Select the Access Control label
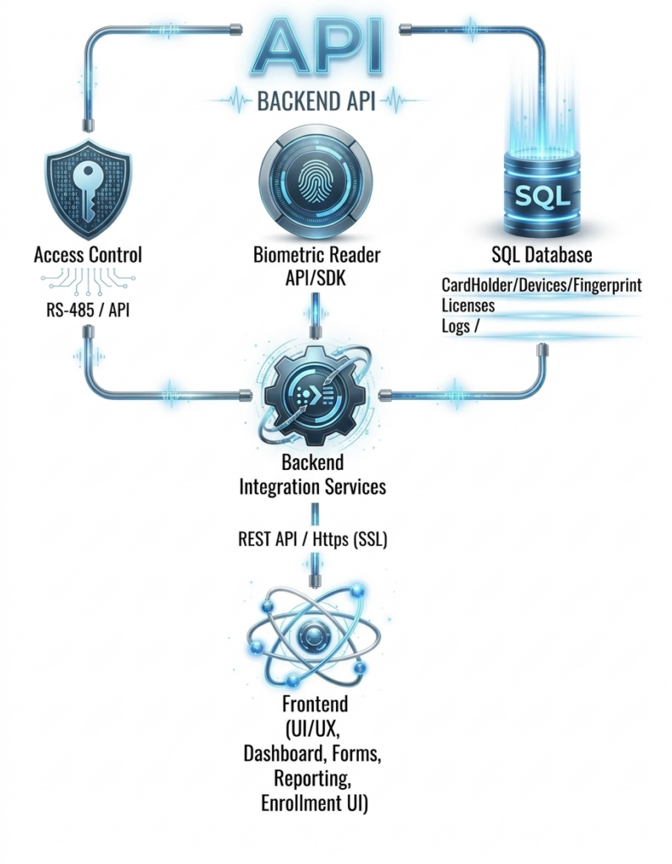(x=87, y=254)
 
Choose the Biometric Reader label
(x=317, y=254)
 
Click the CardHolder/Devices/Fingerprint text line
(x=541, y=285)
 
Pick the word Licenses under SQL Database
(x=468, y=305)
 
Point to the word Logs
(x=457, y=327)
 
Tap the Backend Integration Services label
(x=313, y=475)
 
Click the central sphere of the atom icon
(x=314, y=635)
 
